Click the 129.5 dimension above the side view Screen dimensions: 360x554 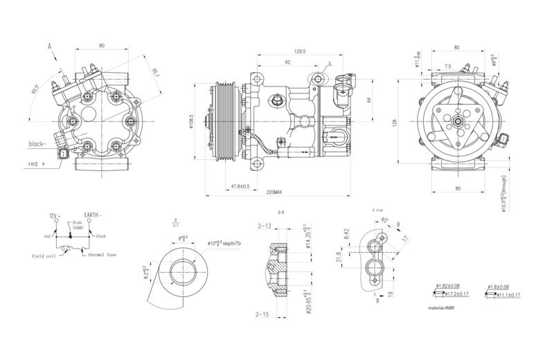281,51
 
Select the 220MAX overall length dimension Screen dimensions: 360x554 273,192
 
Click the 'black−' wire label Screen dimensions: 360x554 37,144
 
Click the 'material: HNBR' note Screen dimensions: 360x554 446,305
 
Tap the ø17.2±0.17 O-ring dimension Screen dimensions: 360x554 453,295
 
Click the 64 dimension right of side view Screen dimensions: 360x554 369,99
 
